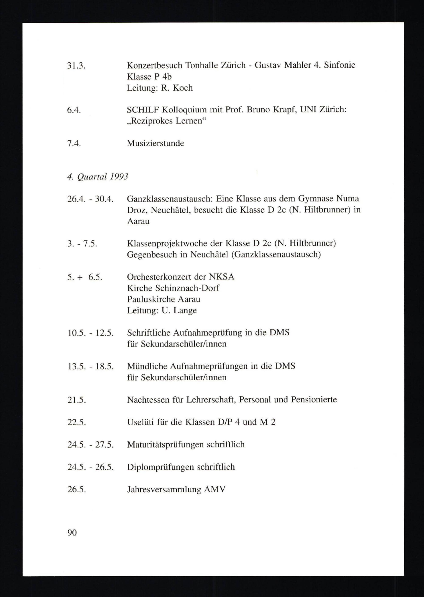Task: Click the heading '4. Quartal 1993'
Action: tap(98, 177)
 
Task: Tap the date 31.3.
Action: tap(76, 65)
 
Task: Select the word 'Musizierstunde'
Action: tap(155, 143)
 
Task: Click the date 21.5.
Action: tap(77, 400)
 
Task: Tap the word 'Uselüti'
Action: tap(140, 422)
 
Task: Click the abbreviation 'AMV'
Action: tap(215, 489)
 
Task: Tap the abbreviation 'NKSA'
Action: tap(221, 277)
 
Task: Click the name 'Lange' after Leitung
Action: tap(186, 310)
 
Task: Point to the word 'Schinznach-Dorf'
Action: tap(187, 288)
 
